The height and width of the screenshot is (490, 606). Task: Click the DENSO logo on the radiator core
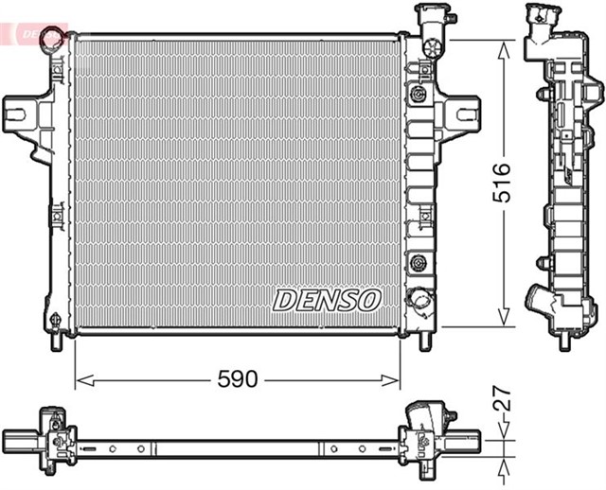tap(327, 300)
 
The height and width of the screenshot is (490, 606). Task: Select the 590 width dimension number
tap(238, 379)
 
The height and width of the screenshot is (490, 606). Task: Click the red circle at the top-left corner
tap(58, 38)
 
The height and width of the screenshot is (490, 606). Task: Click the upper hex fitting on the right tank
tap(417, 94)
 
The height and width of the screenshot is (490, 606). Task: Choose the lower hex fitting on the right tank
tap(417, 261)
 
